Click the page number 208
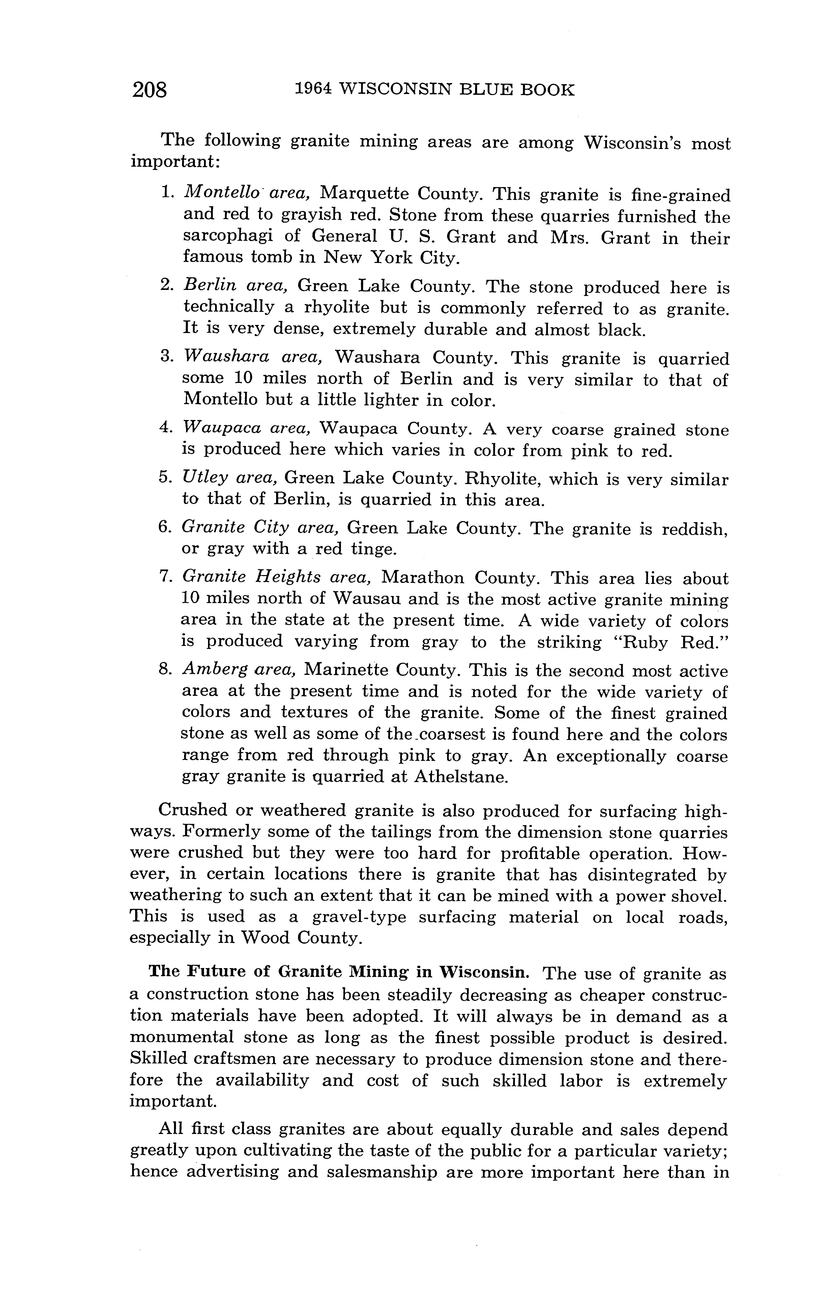[x=150, y=89]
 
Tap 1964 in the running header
[x=313, y=89]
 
